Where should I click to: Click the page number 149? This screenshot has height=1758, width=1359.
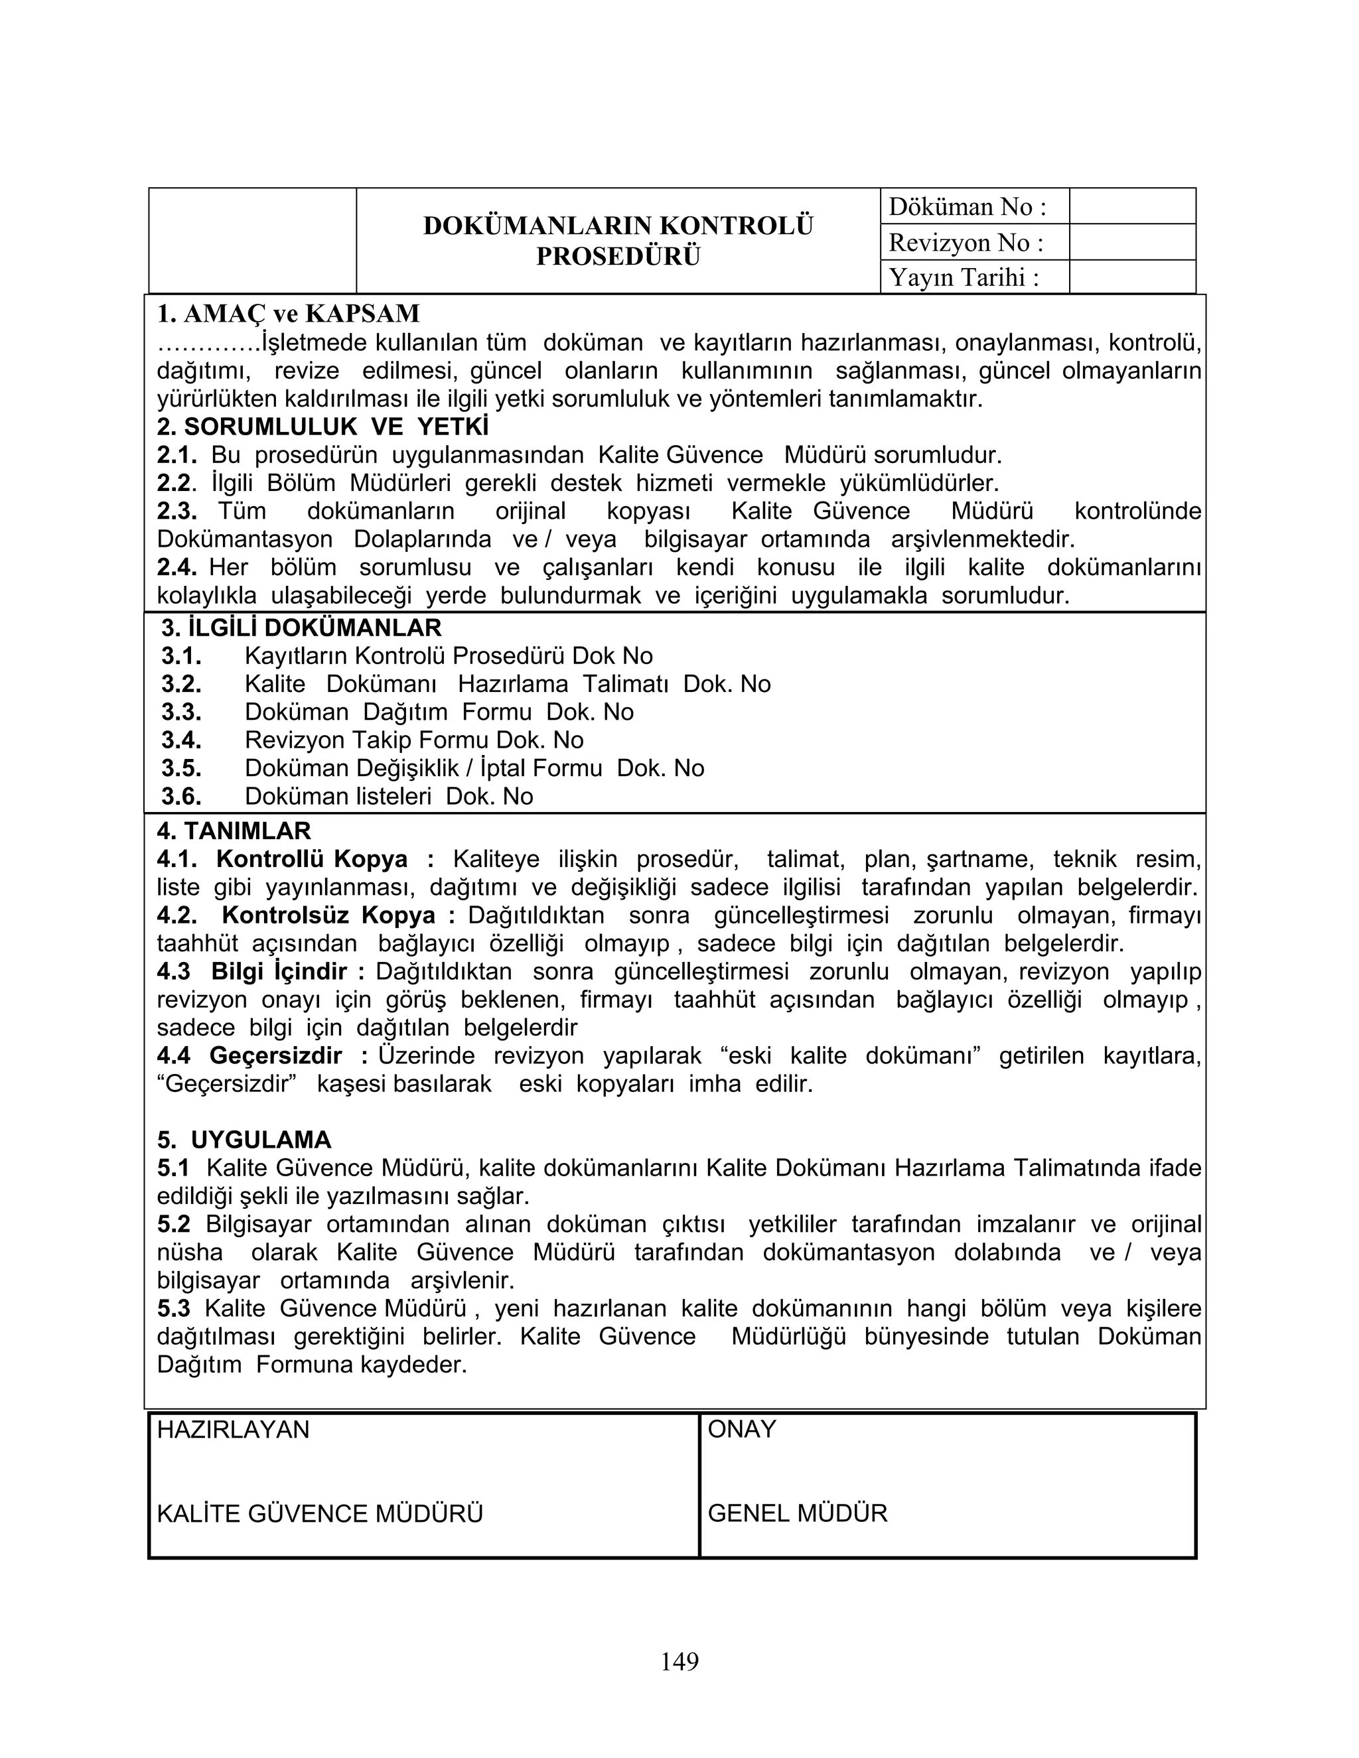pyautogui.click(x=679, y=1660)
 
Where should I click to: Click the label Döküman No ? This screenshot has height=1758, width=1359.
pyautogui.click(x=967, y=207)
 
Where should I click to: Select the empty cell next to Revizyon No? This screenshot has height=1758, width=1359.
pyautogui.click(x=1132, y=242)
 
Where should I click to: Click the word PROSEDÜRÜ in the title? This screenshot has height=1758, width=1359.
pyautogui.click(x=618, y=256)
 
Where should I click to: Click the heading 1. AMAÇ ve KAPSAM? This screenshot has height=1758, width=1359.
pyautogui.click(x=288, y=313)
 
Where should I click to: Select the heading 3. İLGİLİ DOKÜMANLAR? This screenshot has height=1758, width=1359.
pyautogui.click(x=301, y=628)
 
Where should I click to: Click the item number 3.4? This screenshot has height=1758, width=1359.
pyautogui.click(x=181, y=740)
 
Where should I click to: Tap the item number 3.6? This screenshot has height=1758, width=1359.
pyautogui.click(x=181, y=796)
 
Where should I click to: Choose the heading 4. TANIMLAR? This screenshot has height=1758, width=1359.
pyautogui.click(x=234, y=831)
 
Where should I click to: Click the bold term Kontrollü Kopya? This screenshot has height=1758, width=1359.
pyautogui.click(x=312, y=859)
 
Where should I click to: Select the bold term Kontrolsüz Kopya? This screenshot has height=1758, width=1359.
pyautogui.click(x=328, y=915)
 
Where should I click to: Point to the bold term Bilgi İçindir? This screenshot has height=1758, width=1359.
pyautogui.click(x=279, y=972)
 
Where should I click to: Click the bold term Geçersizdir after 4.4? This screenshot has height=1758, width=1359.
pyautogui.click(x=275, y=1055)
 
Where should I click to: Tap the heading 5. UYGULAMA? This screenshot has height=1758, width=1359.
pyautogui.click(x=244, y=1140)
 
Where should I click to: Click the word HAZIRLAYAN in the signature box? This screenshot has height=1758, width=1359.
pyautogui.click(x=233, y=1430)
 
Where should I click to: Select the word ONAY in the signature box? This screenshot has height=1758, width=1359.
pyautogui.click(x=741, y=1430)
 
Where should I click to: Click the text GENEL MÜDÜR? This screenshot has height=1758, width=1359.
pyautogui.click(x=797, y=1513)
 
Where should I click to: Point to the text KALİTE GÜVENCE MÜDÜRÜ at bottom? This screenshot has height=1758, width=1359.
pyautogui.click(x=320, y=1514)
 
